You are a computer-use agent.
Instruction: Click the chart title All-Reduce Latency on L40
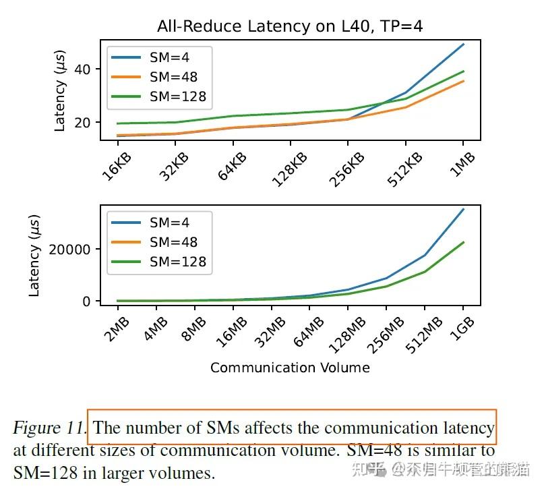[290, 26]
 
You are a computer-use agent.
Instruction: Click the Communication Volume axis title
[290, 368]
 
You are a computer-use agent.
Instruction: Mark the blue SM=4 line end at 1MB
[463, 45]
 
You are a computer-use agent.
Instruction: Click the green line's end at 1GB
[463, 242]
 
